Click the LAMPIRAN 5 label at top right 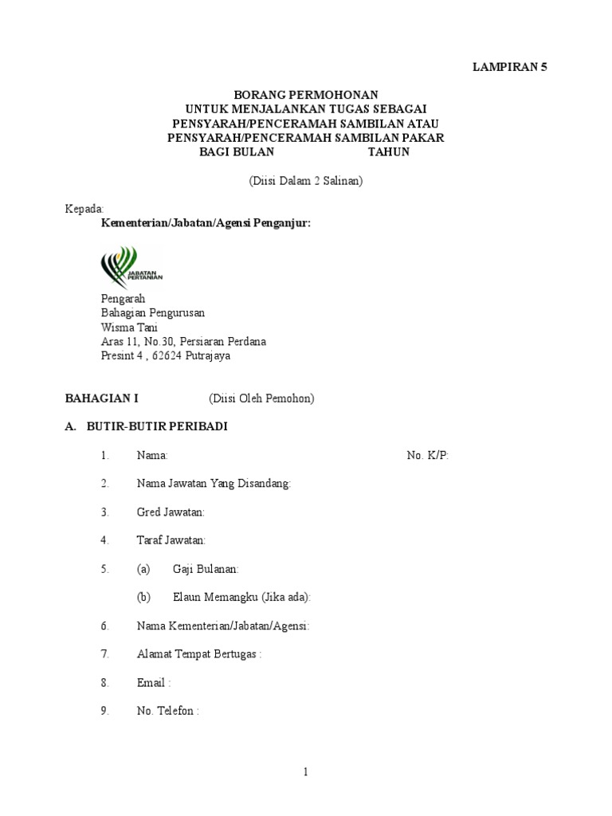click(x=509, y=68)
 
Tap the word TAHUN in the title click(x=388, y=151)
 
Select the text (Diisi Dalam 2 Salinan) click(x=306, y=181)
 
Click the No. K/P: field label click(x=428, y=455)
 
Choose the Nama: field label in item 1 click(x=152, y=455)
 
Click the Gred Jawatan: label click(x=171, y=512)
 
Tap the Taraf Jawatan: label click(x=171, y=540)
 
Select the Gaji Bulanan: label click(x=206, y=569)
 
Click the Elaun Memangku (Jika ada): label click(x=241, y=597)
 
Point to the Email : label click(x=154, y=683)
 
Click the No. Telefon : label click(x=167, y=711)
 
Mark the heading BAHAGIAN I click(x=101, y=398)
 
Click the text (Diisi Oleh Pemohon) click(x=261, y=398)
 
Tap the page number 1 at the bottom click(x=305, y=771)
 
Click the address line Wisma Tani click(x=129, y=328)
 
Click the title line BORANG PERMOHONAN click(x=306, y=95)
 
